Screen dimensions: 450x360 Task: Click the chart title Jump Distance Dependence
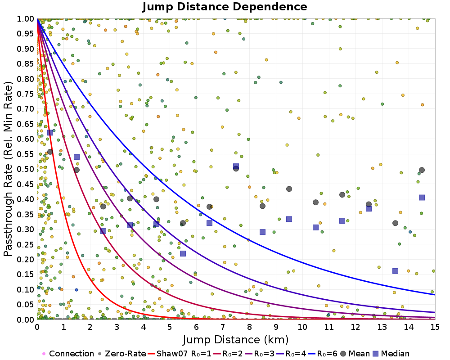(225, 7)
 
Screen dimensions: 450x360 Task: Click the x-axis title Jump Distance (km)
(236, 340)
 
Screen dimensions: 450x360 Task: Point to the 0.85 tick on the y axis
(26, 64)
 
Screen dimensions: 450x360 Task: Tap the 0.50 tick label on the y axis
(26, 169)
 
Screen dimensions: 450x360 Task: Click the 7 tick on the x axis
(223, 327)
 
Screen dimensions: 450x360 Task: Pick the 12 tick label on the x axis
(355, 327)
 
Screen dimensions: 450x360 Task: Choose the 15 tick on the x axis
(435, 327)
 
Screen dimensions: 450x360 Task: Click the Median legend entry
(391, 353)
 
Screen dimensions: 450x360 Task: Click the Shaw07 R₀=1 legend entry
(180, 353)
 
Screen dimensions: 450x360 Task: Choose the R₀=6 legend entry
(323, 353)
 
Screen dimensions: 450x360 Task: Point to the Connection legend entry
(68, 353)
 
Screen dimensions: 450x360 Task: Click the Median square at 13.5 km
(395, 271)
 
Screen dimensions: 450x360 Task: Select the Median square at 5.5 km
(183, 253)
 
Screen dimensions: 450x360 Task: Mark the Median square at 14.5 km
(422, 198)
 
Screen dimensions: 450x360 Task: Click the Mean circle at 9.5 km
(289, 189)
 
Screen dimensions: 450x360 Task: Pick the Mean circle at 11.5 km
(342, 195)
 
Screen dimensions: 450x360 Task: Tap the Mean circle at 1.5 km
(76, 170)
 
